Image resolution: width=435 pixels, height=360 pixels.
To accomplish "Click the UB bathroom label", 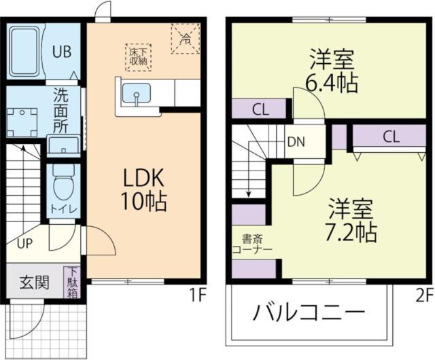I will pyautogui.click(x=63, y=52).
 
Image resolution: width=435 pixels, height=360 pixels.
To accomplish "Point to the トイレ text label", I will pyautogui.click(x=63, y=209).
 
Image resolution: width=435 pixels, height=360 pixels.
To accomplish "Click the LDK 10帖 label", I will pyautogui.click(x=144, y=190).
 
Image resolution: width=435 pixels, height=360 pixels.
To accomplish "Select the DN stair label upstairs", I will pyautogui.click(x=296, y=142).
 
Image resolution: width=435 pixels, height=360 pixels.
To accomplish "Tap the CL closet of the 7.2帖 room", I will pyautogui.click(x=389, y=136).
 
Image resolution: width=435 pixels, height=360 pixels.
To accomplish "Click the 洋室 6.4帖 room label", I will pyautogui.click(x=331, y=71).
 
